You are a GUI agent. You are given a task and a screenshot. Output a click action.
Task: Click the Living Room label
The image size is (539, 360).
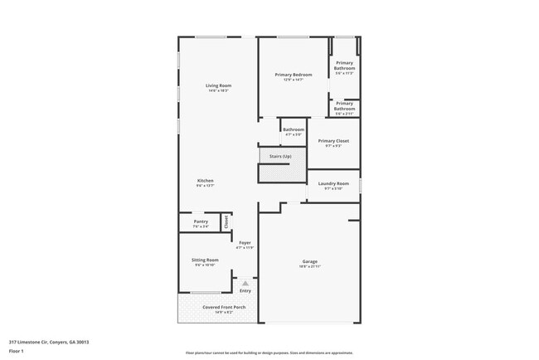point(219,86)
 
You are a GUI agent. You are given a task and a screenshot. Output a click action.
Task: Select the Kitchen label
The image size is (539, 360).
point(205,181)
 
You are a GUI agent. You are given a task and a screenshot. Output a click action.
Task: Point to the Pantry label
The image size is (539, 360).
point(201,221)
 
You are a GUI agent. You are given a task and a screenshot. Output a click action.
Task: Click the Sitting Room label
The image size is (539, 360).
point(205,260)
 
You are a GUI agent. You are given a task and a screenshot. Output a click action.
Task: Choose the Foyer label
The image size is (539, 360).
point(245,243)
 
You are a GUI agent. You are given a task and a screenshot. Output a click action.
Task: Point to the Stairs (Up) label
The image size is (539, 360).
point(278,156)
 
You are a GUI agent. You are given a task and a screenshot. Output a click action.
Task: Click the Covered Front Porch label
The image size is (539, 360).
point(218,308)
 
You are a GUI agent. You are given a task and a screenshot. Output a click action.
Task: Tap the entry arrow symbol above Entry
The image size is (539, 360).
point(245,283)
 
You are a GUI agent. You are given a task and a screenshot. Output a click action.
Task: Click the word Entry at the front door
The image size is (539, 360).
point(245,290)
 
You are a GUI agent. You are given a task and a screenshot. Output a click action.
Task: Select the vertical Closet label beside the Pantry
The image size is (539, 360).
point(226,221)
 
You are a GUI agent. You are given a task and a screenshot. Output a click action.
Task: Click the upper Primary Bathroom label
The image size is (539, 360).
point(344,66)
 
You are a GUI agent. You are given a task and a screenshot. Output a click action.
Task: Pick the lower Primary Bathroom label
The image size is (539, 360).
point(344,106)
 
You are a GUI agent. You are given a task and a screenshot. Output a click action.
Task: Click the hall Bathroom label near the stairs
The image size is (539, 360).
point(294,129)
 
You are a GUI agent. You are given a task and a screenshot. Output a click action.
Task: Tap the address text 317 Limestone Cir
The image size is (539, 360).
point(49,340)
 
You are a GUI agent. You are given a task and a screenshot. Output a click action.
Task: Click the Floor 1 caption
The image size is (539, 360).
point(17,351)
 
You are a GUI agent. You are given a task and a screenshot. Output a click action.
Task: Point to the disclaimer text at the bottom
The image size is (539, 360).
point(269,353)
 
